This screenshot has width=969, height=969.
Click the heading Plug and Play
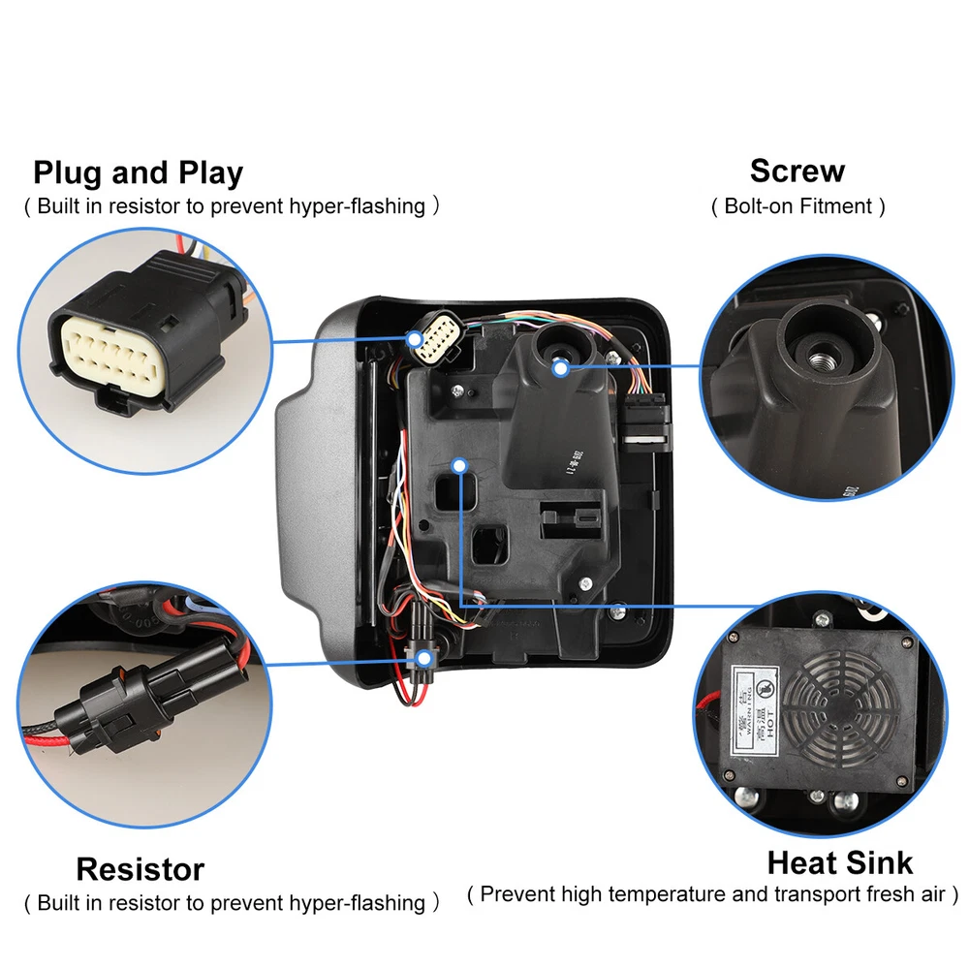click(138, 173)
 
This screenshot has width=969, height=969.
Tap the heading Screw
click(797, 172)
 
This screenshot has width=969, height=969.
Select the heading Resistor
click(141, 869)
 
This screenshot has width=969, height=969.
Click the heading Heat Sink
click(840, 862)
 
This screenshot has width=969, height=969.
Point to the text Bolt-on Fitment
click(797, 205)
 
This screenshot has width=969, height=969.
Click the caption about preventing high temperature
click(712, 893)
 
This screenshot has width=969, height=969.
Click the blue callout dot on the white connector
click(416, 340)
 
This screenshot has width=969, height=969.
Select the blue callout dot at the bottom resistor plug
click(423, 657)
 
